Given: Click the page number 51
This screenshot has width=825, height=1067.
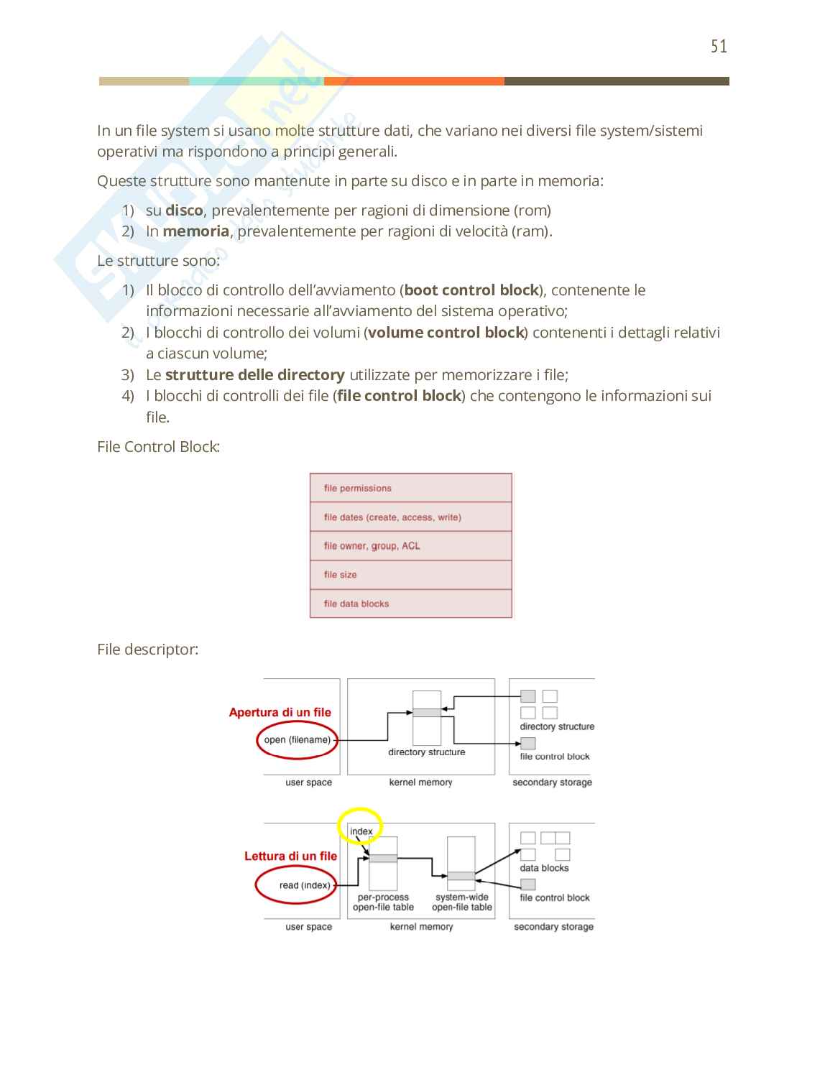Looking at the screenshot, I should (719, 47).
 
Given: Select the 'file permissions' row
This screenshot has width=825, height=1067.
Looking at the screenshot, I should (410, 488).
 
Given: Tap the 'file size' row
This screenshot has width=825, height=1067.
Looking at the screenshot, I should (410, 575).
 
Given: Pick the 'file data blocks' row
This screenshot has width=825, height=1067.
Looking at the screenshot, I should (410, 604).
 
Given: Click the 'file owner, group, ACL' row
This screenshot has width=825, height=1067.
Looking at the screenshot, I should (410, 546).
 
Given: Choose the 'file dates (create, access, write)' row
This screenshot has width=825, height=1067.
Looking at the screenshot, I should (410, 517).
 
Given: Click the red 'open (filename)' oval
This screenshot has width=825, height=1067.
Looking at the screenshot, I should (297, 740).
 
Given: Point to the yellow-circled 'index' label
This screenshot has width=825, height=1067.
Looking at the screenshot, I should (361, 831).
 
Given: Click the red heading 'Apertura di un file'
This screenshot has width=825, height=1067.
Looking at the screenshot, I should (280, 713).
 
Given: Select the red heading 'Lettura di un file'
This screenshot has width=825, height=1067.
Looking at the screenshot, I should (290, 856).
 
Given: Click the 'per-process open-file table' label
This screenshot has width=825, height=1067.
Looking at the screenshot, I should (383, 902).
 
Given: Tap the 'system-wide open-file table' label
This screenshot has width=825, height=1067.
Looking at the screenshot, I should (462, 902).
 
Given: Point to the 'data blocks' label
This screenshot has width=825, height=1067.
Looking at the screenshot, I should (544, 868).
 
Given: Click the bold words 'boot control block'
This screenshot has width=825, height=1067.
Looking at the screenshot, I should (471, 290).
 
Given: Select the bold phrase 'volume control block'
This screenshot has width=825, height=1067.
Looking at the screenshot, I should (446, 333).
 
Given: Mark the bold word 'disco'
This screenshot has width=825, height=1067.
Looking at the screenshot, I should (184, 211).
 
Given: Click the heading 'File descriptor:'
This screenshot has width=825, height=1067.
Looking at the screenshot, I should (147, 650).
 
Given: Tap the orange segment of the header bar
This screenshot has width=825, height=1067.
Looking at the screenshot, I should (414, 81).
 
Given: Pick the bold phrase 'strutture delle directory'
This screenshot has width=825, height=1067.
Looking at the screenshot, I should (254, 375).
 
